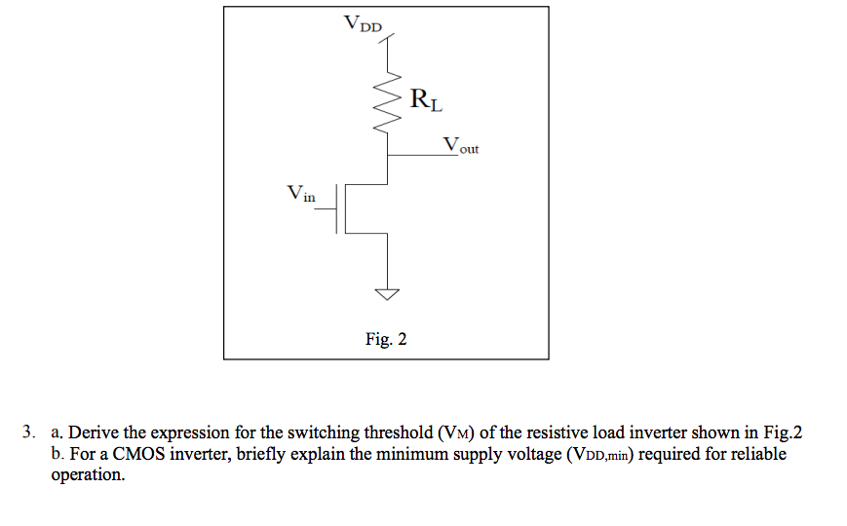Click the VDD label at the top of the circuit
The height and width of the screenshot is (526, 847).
coord(364,23)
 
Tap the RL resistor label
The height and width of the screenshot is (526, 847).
coord(426,98)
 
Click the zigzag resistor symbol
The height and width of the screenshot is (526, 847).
coord(389,100)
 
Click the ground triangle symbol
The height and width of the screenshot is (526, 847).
coord(389,292)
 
